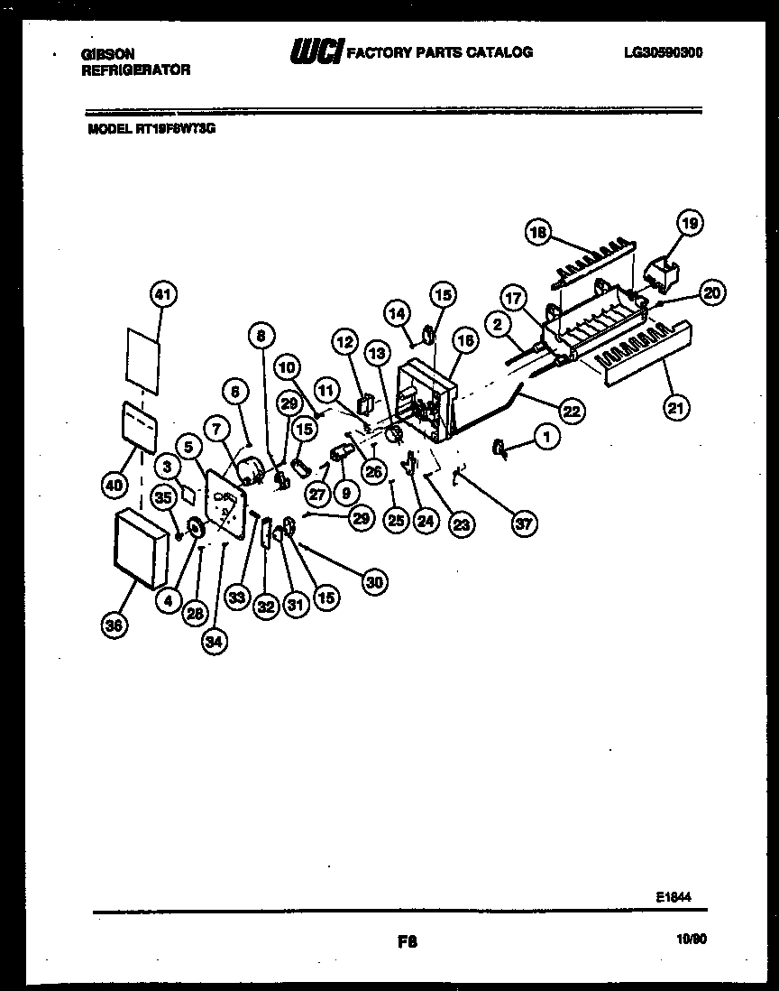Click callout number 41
[x=164, y=294]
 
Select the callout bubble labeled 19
[x=690, y=223]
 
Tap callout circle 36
[x=113, y=626]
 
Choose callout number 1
[x=546, y=437]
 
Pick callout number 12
[x=344, y=341]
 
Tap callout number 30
[x=374, y=583]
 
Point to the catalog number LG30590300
[x=663, y=52]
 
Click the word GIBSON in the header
[x=107, y=54]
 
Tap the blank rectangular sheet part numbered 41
[x=143, y=358]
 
